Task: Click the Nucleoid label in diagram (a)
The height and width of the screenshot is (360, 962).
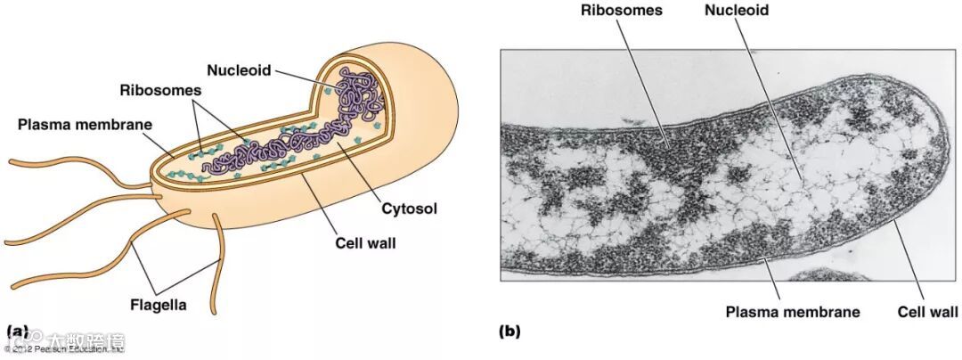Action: [239, 70]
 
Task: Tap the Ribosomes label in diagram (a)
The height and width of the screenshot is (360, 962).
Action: [161, 90]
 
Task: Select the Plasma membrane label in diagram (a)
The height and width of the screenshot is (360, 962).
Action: [86, 124]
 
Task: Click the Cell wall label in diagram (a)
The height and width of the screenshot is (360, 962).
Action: [365, 241]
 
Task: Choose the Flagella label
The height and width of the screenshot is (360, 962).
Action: [158, 305]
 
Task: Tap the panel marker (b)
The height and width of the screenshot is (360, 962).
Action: [509, 332]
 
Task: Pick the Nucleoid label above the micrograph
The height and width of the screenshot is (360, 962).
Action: [736, 11]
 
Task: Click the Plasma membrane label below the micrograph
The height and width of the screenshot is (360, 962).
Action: [792, 312]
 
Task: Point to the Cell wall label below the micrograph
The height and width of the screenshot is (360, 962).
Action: [927, 312]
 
